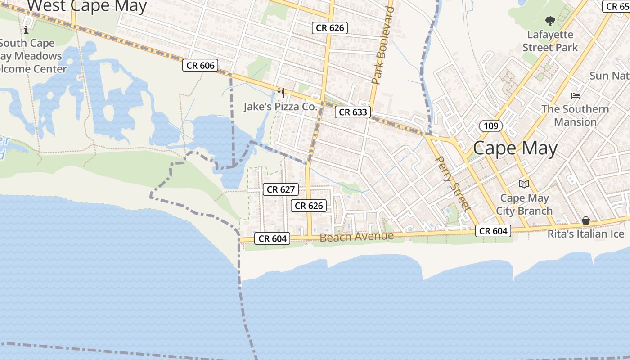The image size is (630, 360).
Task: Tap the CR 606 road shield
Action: [x=201, y=66]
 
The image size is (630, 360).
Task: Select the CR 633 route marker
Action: [x=353, y=112]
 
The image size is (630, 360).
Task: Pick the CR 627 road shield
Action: [x=281, y=189]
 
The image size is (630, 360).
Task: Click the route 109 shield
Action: [x=490, y=126]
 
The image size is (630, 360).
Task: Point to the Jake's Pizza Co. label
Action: [x=280, y=107]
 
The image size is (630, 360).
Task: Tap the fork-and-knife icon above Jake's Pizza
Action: [x=281, y=93]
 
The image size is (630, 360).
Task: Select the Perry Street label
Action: [x=454, y=184]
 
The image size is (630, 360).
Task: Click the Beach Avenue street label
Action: [x=356, y=237]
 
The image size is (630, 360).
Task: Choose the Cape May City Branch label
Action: [x=524, y=204]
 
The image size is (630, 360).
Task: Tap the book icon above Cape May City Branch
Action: [x=524, y=184]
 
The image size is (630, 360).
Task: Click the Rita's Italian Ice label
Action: [x=586, y=234]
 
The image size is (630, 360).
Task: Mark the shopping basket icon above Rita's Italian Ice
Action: [x=586, y=220]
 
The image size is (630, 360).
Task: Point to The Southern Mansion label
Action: [x=575, y=115]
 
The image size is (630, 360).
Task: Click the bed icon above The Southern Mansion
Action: [x=576, y=95]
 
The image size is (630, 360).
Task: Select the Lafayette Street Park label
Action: [x=550, y=41]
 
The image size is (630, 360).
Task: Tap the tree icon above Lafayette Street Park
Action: [x=550, y=21]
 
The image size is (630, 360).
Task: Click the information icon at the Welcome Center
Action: [x=26, y=30]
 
